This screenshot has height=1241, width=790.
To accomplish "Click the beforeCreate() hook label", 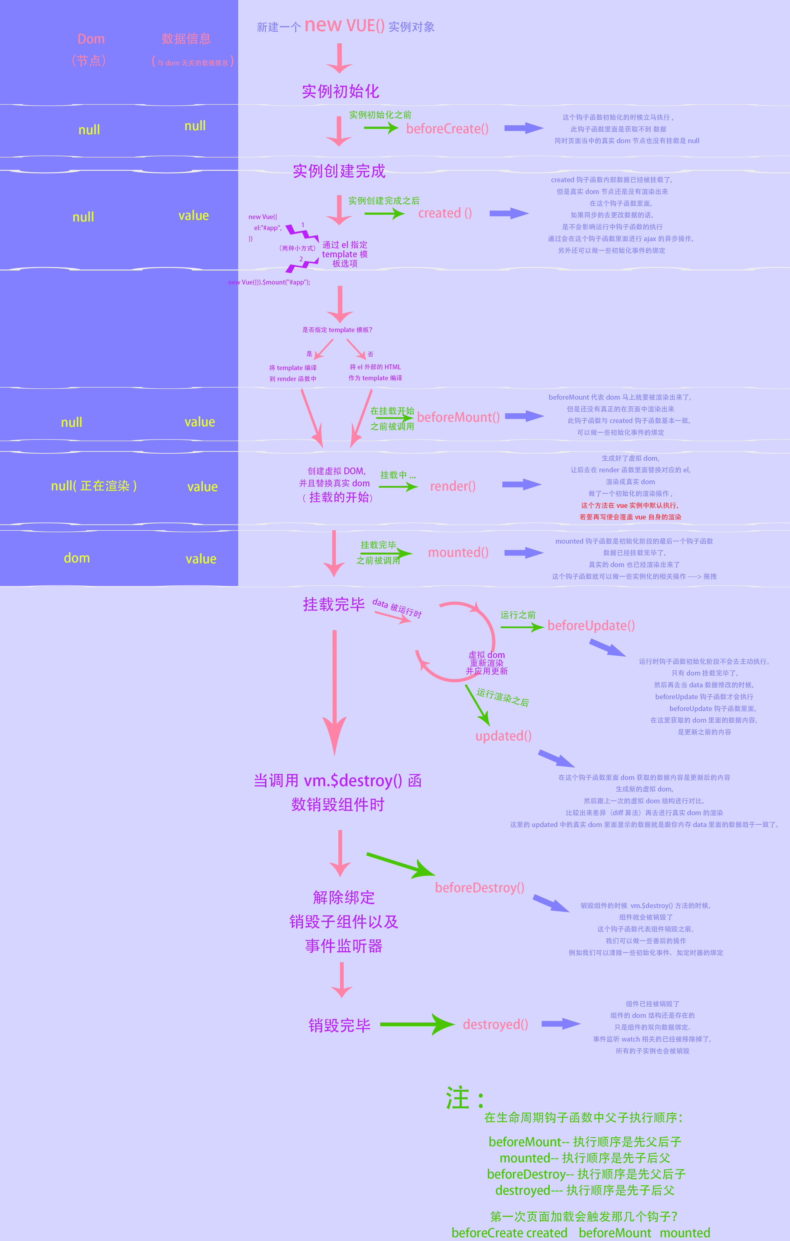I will pyautogui.click(x=447, y=129).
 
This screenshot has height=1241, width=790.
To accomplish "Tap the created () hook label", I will pyautogui.click(x=445, y=213).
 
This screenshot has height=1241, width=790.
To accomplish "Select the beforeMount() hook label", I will pyautogui.click(x=458, y=417).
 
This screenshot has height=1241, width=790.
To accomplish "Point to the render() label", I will pyautogui.click(x=453, y=486).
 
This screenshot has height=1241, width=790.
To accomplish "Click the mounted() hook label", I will pyautogui.click(x=458, y=553).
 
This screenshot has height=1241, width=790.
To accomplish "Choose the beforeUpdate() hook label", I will pyautogui.click(x=591, y=626).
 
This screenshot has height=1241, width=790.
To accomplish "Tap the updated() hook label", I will pyautogui.click(x=503, y=736).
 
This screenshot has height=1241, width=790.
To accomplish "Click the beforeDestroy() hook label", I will pyautogui.click(x=479, y=887).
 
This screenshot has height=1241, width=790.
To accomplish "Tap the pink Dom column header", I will pyautogui.click(x=91, y=39).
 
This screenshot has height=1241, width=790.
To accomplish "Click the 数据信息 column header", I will pyautogui.click(x=186, y=39).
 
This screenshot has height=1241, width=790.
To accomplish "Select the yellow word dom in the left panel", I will pyautogui.click(x=77, y=558).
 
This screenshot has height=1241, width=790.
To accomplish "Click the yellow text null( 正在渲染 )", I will pyautogui.click(x=94, y=486).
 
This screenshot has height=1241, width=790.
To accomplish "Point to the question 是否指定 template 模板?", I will pyautogui.click(x=337, y=330).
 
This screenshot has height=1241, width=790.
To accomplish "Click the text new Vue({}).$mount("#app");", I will pyautogui.click(x=269, y=282).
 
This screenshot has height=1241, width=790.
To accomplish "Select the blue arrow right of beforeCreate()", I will pyautogui.click(x=523, y=128).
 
